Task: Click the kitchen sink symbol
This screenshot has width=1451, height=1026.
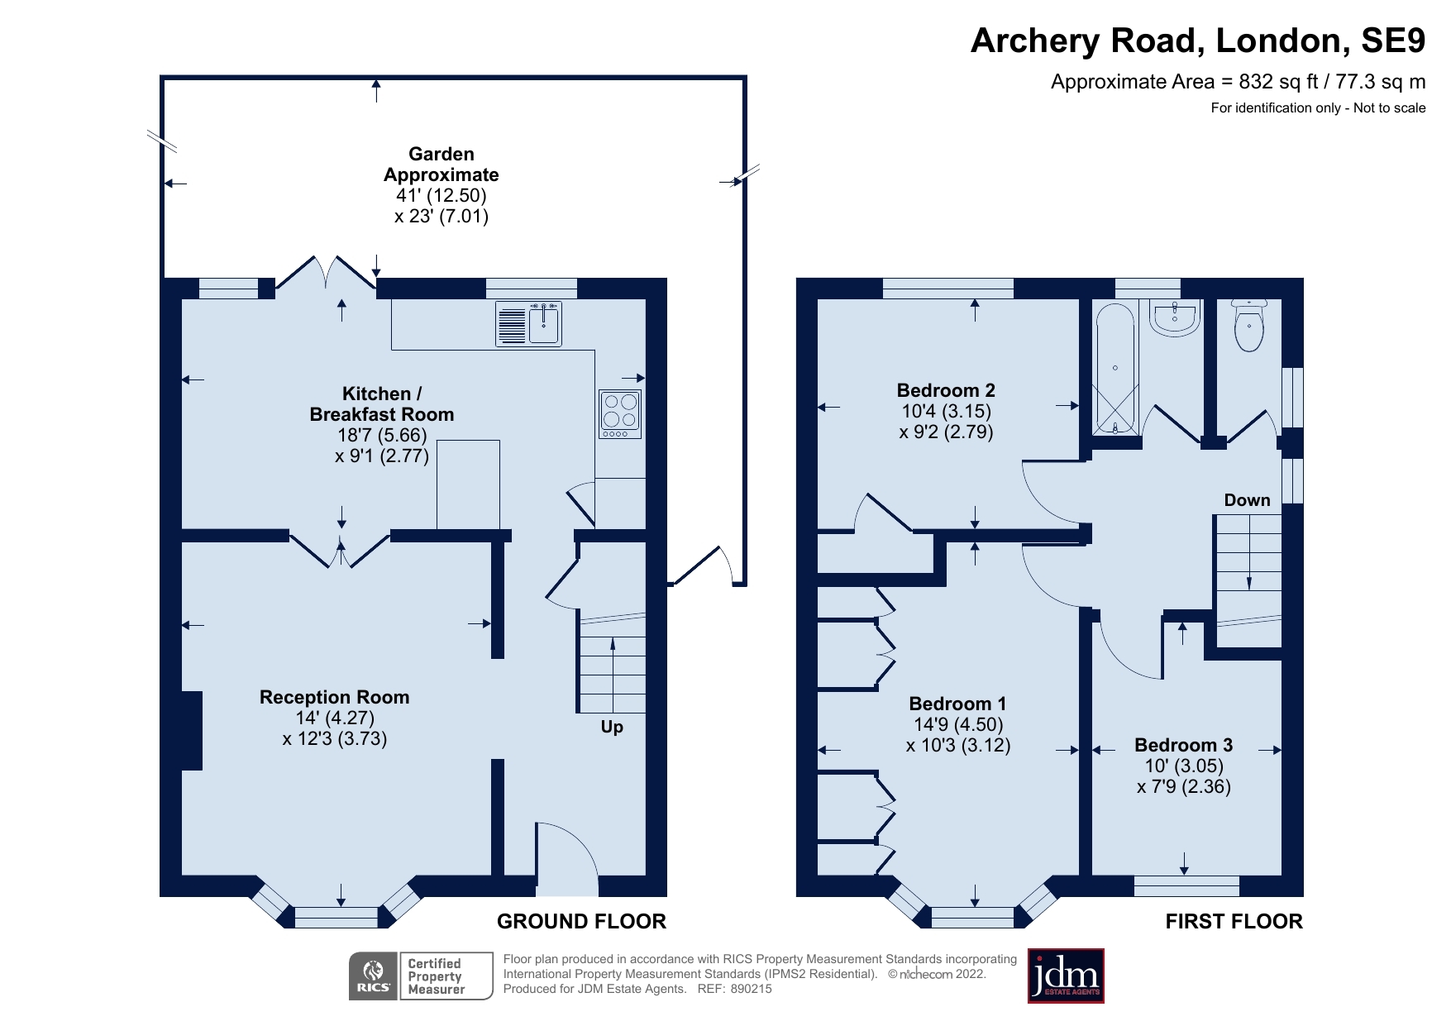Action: point(529,323)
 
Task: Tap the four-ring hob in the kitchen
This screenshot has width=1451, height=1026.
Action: point(620,413)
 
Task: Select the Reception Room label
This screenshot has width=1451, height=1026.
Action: point(334,697)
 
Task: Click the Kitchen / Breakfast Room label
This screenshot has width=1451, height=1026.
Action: point(381,403)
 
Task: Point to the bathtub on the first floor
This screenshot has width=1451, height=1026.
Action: point(1115,369)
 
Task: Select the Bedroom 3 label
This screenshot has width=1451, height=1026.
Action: point(1183,745)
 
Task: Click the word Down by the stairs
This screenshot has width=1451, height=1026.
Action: point(1247,500)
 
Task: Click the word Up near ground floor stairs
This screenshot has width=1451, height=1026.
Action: point(612,727)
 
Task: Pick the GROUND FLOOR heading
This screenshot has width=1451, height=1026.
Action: point(581,921)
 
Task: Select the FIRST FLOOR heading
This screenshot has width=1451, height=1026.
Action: point(1234,921)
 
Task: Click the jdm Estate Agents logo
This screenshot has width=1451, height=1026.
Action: point(1066,976)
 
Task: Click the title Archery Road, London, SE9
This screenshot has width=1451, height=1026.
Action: point(1197,41)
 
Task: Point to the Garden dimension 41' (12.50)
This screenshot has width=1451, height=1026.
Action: point(442,195)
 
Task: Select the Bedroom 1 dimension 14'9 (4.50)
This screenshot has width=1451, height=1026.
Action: point(957,724)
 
